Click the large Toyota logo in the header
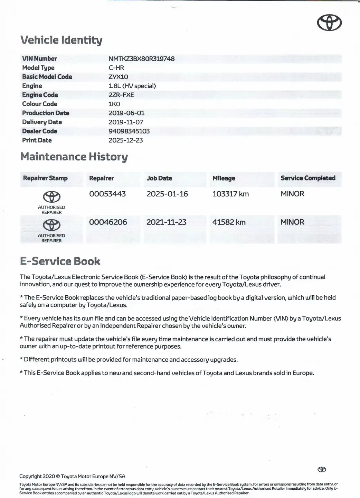(329, 23)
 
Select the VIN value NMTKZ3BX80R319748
(141, 59)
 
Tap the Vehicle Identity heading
(61, 40)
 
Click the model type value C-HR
(116, 68)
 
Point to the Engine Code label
(40, 95)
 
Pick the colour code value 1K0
(114, 104)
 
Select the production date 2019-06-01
(126, 113)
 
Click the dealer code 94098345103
(129, 131)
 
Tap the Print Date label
(37, 140)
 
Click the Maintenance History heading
(74, 157)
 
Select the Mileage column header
(224, 178)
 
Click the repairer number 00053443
(107, 194)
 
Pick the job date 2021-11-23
(166, 222)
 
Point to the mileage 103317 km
(230, 194)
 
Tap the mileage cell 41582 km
(229, 222)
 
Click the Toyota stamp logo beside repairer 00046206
(51, 225)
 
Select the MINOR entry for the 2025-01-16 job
(292, 194)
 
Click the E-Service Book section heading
(60, 261)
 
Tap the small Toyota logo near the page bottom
(322, 469)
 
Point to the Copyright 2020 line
(72, 476)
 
